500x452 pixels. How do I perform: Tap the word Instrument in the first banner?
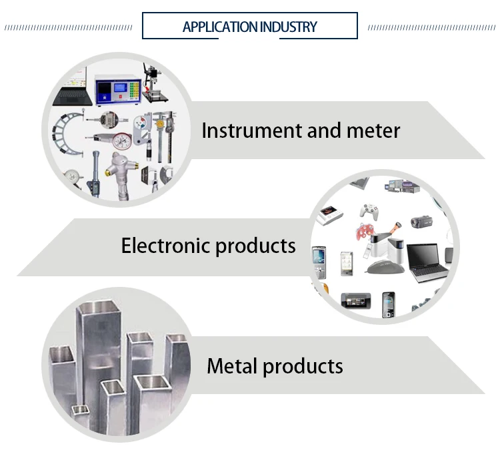pos(247,130)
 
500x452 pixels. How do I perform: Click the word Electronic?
pos(163,246)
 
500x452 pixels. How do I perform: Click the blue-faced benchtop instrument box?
pos(117,88)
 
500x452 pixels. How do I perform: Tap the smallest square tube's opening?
pos(81,409)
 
